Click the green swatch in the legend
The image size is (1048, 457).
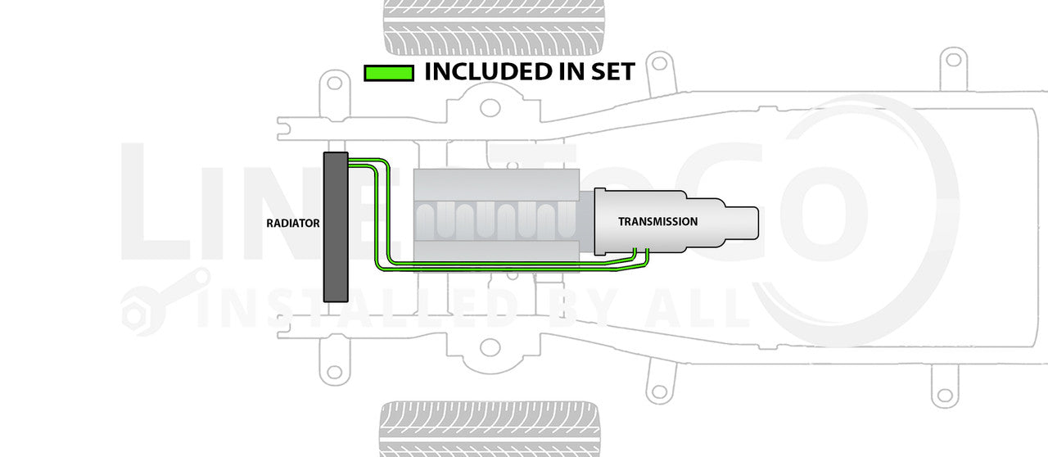coord(388,73)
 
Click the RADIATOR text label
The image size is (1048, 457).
coord(293,223)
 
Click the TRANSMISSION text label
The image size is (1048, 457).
coord(657,221)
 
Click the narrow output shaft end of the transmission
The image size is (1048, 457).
coord(741,222)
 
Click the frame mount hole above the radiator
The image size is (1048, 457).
coord(333,82)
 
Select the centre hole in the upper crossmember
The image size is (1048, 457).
coord(490,107)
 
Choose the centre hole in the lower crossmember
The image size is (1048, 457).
coord(490,347)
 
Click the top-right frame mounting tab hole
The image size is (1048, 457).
coord(951,59)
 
